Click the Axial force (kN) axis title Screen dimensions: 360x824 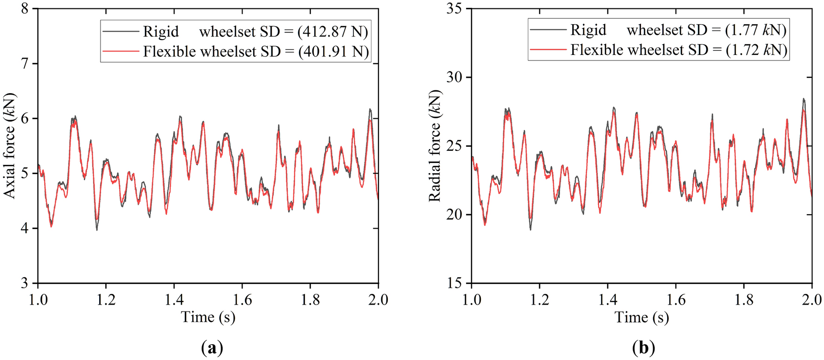coord(10,146)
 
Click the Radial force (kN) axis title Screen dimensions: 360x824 coord(435,146)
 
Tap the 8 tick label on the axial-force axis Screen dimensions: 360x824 coord(26,9)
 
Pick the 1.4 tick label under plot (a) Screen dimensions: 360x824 coord(174,300)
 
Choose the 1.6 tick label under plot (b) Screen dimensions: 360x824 coord(675,300)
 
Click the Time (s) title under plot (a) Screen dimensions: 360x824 coord(208,317)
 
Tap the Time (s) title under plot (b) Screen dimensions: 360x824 coord(642,317)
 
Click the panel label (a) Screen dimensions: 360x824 coord(212,347)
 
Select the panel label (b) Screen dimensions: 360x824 coord(643,347)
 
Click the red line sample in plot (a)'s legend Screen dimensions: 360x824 coord(120,51)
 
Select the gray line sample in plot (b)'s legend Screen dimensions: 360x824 coord(548,30)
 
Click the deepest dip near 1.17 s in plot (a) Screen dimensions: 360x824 coord(97,229)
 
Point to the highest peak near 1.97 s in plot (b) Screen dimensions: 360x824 coord(804,99)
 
